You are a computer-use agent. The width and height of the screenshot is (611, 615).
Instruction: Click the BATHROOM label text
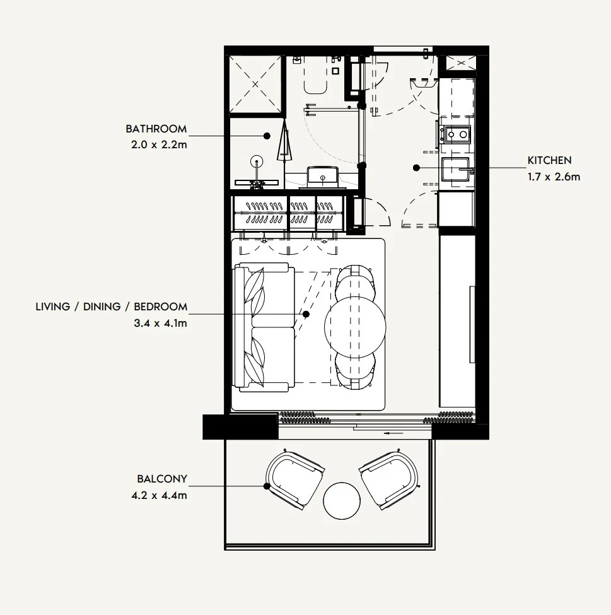pyautogui.click(x=156, y=129)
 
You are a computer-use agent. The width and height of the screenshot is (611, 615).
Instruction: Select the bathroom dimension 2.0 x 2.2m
pyautogui.click(x=159, y=144)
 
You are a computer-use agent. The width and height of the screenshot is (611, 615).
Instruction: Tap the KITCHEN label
pyautogui.click(x=549, y=160)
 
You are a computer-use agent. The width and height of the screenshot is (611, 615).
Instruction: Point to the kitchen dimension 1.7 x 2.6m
pyautogui.click(x=554, y=177)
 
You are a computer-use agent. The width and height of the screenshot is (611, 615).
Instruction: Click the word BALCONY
pyautogui.click(x=162, y=479)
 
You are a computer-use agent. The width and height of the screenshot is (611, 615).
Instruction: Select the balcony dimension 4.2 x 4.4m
pyautogui.click(x=160, y=495)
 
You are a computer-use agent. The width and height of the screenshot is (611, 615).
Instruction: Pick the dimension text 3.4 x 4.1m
pyautogui.click(x=160, y=324)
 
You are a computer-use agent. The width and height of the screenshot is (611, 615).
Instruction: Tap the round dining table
pyautogui.click(x=355, y=327)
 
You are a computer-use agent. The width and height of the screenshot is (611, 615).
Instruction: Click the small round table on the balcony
pyautogui.click(x=342, y=501)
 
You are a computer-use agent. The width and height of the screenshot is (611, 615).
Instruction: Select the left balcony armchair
pyautogui.click(x=295, y=479)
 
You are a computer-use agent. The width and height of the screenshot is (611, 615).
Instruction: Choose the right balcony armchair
pyautogui.click(x=390, y=479)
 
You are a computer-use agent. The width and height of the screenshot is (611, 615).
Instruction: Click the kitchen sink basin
pyautogui.click(x=455, y=169)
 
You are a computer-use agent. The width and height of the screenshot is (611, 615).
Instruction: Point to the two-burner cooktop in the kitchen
pyautogui.click(x=457, y=134)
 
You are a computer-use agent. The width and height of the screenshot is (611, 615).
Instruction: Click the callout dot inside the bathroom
pyautogui.click(x=267, y=136)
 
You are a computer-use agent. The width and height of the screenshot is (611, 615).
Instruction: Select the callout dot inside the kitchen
pyautogui.click(x=417, y=168)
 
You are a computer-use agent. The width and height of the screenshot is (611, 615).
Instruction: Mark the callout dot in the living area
pyautogui.click(x=306, y=314)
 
